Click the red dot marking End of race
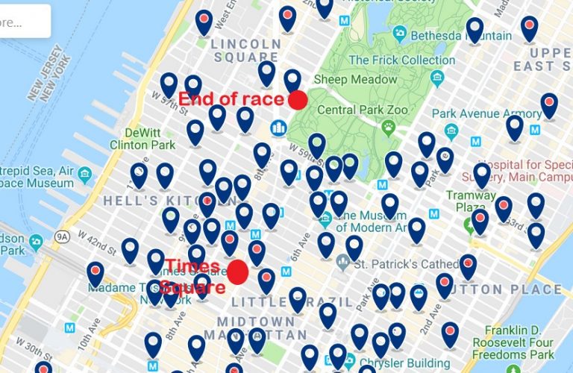click(298, 99)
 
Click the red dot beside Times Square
click(238, 272)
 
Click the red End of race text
click(231, 99)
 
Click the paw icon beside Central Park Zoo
click(388, 128)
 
